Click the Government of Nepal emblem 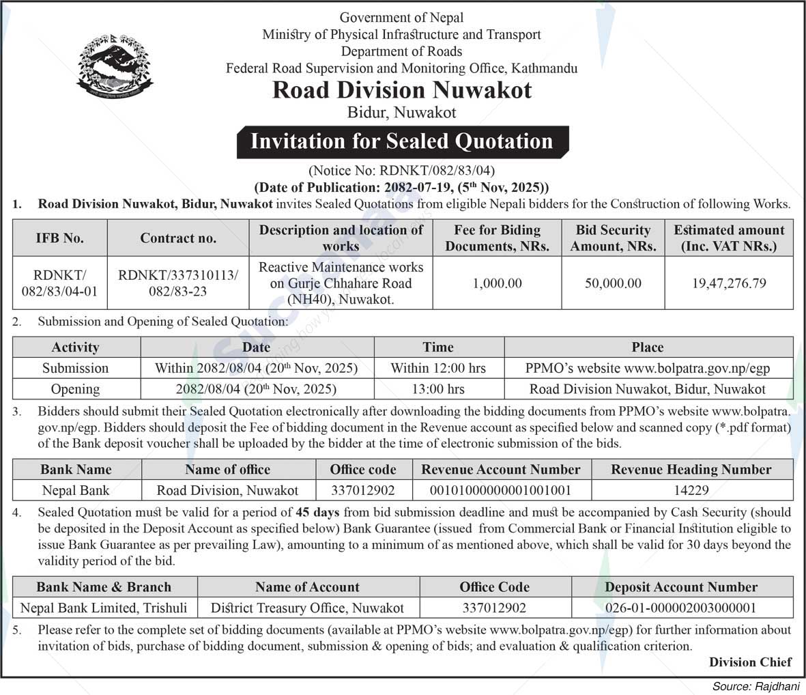(115, 67)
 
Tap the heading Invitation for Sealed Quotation (402, 141)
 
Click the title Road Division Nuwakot (402, 90)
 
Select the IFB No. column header (60, 238)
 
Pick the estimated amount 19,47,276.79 (729, 283)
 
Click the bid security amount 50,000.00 (613, 283)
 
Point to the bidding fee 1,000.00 (497, 283)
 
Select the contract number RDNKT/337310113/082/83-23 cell (178, 283)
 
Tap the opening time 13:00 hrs (438, 389)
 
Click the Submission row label (76, 368)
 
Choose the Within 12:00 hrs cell (438, 368)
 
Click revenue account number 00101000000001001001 (500, 490)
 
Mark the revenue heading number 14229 (691, 490)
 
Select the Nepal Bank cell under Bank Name (76, 490)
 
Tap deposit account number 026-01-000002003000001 (681, 608)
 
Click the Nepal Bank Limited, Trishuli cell (104, 608)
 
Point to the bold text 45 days (318, 512)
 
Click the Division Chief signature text (750, 662)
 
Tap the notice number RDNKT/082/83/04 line (402, 171)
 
